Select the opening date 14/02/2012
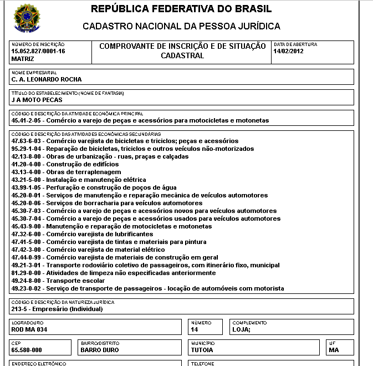(289, 51)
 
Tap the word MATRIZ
(23, 58)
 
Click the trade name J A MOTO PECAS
(37, 100)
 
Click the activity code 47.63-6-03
(27, 141)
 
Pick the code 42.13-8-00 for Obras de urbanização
(27, 157)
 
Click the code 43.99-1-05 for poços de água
(27, 188)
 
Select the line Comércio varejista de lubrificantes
(99, 235)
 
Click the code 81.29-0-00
(27, 273)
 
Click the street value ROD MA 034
(29, 330)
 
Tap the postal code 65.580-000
(26, 350)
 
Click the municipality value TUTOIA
(202, 350)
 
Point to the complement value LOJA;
(242, 330)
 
